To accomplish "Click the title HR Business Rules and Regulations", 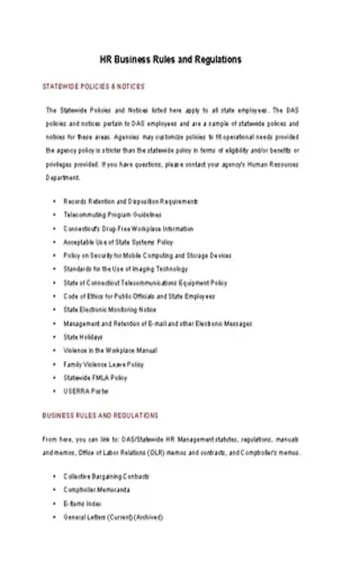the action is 180,60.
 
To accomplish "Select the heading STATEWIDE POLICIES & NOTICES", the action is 94,87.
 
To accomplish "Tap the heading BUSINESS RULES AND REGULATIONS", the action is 101,415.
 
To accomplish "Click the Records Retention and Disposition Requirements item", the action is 131,202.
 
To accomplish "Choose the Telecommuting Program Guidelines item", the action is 113,215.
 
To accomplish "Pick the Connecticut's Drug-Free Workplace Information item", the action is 128,229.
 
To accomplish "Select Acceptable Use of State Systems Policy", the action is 118,242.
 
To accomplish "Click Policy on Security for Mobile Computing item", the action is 147,255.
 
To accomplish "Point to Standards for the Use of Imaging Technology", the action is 126,268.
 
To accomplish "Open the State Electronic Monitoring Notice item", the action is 109,310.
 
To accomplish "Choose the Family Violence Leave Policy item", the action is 103,364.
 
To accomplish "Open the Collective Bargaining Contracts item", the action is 109,476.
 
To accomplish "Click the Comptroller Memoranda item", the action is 97,489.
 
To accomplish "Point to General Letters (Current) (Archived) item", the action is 114,516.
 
